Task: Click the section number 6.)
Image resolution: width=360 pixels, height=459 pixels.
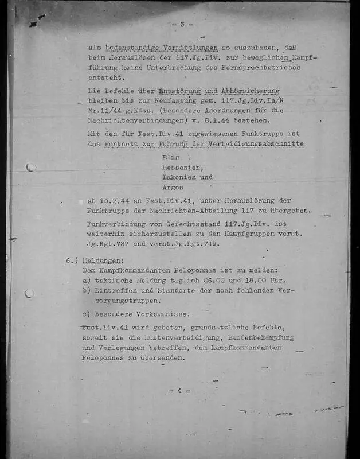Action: point(72,260)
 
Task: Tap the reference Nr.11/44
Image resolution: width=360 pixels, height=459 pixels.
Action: point(108,112)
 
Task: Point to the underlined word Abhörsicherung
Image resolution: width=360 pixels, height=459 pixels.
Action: point(250,91)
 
